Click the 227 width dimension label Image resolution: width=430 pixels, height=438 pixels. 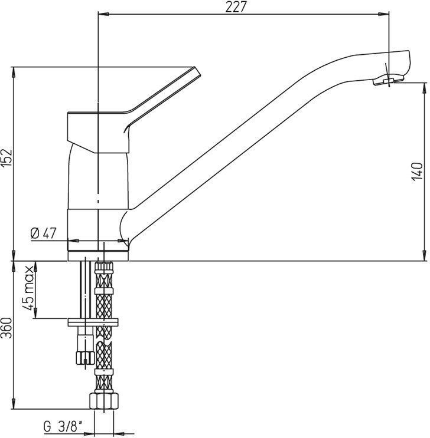pyautogui.click(x=236, y=6)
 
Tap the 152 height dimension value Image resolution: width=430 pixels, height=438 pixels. pyautogui.click(x=6, y=158)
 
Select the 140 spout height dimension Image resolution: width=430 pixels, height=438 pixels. pyautogui.click(x=417, y=171)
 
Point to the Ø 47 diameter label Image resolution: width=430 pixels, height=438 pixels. pyautogui.click(x=44, y=233)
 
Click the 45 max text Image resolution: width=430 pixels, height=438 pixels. pyautogui.click(x=28, y=288)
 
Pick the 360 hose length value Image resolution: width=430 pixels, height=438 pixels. pyautogui.click(x=6, y=328)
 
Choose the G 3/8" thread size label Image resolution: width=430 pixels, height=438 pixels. pyautogui.click(x=63, y=427)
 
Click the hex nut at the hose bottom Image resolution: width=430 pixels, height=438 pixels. pyautogui.click(x=104, y=401)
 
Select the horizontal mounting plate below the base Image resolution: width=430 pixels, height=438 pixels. pyautogui.click(x=93, y=322)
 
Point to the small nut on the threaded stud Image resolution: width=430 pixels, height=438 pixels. pyautogui.click(x=84, y=358)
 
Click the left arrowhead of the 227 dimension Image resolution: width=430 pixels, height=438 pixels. pyautogui.click(x=103, y=14)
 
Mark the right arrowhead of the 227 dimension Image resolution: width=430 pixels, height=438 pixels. pyautogui.click(x=384, y=14)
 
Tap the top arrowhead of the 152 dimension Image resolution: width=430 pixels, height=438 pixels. pyautogui.click(x=14, y=72)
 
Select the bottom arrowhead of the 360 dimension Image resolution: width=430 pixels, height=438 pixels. pyautogui.click(x=14, y=404)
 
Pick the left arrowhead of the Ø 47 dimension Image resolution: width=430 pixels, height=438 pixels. pyautogui.click(x=73, y=241)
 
